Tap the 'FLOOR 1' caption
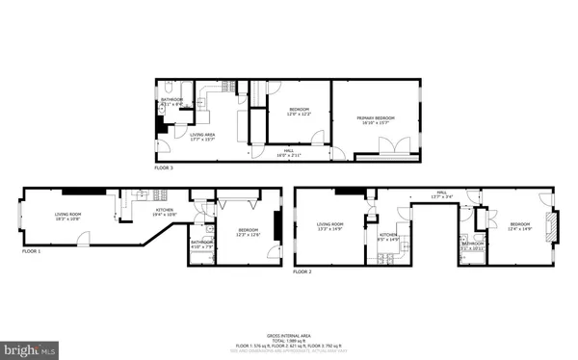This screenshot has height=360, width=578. pyautogui.click(x=35, y=251)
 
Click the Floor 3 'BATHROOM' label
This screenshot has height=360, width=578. pyautogui.click(x=171, y=100)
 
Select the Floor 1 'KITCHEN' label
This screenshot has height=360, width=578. pyautogui.click(x=165, y=210)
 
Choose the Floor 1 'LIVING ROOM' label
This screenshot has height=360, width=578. pyautogui.click(x=68, y=214)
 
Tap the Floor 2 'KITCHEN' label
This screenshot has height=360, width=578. pyautogui.click(x=388, y=235)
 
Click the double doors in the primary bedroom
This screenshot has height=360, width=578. pyautogui.click(x=392, y=146)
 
